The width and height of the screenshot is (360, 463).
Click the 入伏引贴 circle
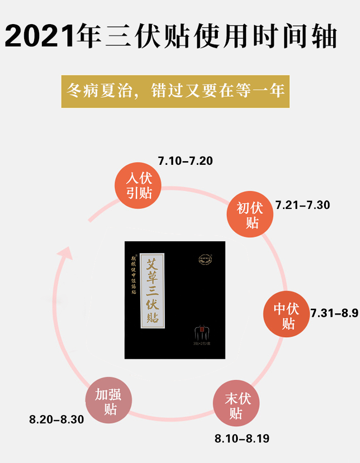tap(139, 186)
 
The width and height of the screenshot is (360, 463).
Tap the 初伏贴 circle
tap(251, 215)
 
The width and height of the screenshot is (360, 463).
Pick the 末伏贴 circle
tap(237, 406)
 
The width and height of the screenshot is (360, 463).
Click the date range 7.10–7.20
tap(185, 161)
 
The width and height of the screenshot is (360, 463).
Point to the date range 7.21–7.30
tap(303, 205)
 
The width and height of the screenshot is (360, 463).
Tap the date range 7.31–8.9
tap(334, 313)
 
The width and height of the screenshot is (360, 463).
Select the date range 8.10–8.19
tap(242, 439)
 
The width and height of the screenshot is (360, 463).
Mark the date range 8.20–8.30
tap(57, 419)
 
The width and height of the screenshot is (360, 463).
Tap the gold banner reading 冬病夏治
tap(175, 92)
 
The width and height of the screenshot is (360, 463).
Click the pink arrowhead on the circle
tap(67, 252)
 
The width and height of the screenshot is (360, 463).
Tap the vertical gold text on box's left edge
tap(134, 279)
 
